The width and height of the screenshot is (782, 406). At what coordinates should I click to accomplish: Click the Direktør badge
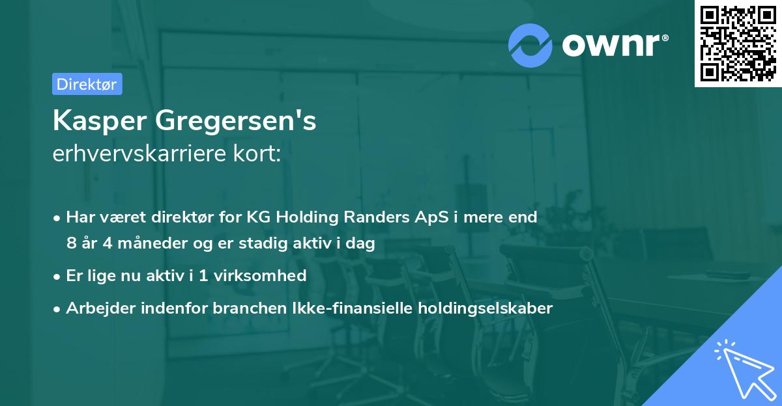tap(87, 84)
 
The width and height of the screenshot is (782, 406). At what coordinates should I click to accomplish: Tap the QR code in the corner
tap(738, 44)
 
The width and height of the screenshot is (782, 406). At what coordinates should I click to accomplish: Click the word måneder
tap(143, 243)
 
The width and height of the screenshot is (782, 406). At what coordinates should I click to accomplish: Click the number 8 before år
tap(71, 243)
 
